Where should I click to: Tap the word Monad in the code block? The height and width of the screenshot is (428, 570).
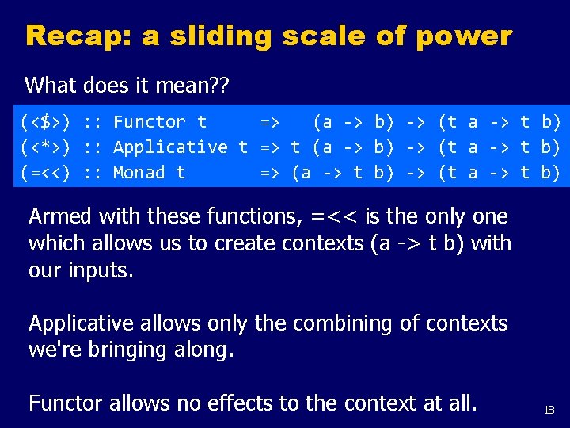coord(139,173)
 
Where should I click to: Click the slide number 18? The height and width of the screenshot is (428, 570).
coord(549,410)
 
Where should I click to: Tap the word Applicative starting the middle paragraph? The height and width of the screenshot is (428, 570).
coord(83,323)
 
